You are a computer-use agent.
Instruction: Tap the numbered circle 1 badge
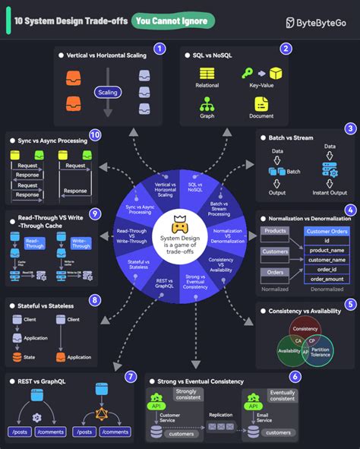tap(159, 49)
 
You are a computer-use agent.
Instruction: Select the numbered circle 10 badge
tap(95, 135)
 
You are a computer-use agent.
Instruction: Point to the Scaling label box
tap(107, 91)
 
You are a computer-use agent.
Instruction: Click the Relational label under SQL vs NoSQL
tap(208, 87)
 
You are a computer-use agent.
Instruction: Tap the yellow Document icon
tap(261, 103)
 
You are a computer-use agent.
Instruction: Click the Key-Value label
tap(261, 87)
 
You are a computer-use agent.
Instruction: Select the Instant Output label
tap(329, 193)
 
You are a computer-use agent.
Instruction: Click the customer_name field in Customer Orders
tap(327, 259)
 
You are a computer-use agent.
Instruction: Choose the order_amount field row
tap(327, 279)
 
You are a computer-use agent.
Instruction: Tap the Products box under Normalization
tap(274, 230)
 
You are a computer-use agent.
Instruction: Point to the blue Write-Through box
tap(81, 243)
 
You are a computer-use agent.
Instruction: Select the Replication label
tap(222, 414)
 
